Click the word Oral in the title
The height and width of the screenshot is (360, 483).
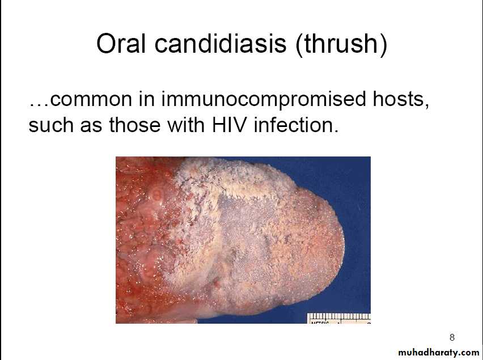click(x=120, y=44)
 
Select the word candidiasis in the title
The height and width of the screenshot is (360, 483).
click(x=221, y=44)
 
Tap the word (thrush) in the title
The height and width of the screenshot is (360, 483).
click(x=341, y=45)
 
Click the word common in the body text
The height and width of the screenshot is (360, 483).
click(x=91, y=99)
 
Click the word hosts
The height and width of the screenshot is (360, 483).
click(x=401, y=99)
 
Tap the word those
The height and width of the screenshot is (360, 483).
click(x=135, y=125)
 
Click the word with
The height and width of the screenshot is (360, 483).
click(x=186, y=125)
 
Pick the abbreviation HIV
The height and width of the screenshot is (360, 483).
click(x=230, y=125)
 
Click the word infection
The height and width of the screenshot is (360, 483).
click(x=296, y=125)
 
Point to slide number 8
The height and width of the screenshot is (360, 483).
click(x=452, y=337)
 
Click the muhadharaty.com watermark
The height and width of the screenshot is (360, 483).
click(x=439, y=352)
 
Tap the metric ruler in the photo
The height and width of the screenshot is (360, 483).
click(x=339, y=318)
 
